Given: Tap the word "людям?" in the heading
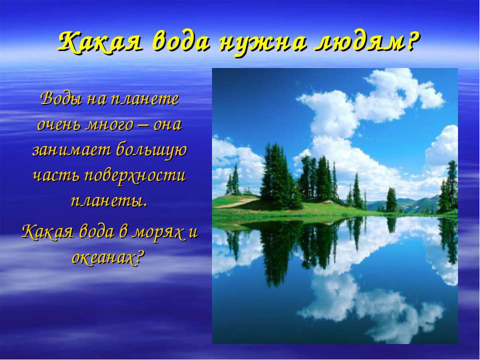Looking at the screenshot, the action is [x=365, y=41].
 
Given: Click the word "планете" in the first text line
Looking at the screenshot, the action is [x=144, y=99].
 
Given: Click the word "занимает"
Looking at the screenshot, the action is [x=71, y=150].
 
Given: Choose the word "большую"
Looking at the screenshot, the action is [x=151, y=150].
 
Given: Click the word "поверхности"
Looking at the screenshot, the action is [x=135, y=177].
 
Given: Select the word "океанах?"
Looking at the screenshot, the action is [x=107, y=257].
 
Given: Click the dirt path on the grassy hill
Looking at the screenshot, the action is [x=235, y=202].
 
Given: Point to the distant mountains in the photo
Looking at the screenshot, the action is [x=407, y=204].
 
